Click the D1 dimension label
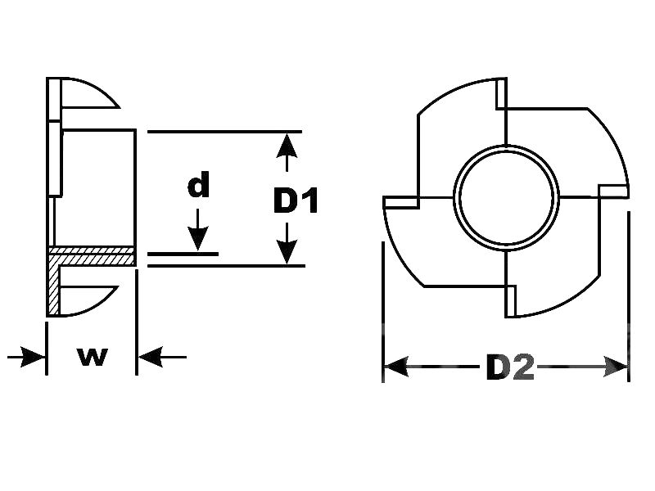tap(296, 200)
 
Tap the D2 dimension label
tap(509, 368)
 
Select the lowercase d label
tap(198, 187)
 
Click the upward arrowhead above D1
tap(285, 146)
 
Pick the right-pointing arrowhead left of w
tap(33, 357)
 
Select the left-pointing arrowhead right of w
tap(150, 357)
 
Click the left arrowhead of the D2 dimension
tap(396, 367)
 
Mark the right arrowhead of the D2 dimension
tap(616, 367)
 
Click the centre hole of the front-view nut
tap(505, 199)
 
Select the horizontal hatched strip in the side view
tap(92, 256)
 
